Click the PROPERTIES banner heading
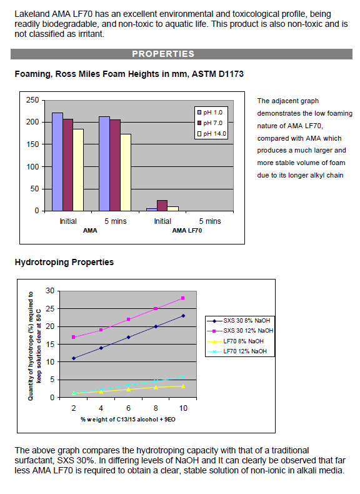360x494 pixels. (163, 54)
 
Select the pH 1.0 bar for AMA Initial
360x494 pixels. (57, 161)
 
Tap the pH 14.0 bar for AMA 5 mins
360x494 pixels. (126, 173)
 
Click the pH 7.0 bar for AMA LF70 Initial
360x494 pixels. (162, 205)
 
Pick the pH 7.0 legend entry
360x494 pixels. (210, 123)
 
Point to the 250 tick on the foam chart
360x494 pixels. (32, 100)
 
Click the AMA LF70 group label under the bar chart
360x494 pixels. (187, 231)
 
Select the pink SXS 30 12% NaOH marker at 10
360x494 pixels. (183, 298)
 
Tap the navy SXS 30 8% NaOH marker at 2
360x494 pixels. (74, 358)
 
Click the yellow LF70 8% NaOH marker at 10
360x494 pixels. (183, 386)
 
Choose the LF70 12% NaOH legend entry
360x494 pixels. (237, 351)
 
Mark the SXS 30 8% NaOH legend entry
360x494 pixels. (238, 321)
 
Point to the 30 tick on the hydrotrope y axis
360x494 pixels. (50, 291)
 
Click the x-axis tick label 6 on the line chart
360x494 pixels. (128, 408)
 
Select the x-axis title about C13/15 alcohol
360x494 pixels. (128, 420)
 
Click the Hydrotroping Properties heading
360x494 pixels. (64, 262)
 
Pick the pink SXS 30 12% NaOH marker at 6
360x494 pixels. (129, 319)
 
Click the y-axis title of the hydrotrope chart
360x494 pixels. (34, 346)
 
